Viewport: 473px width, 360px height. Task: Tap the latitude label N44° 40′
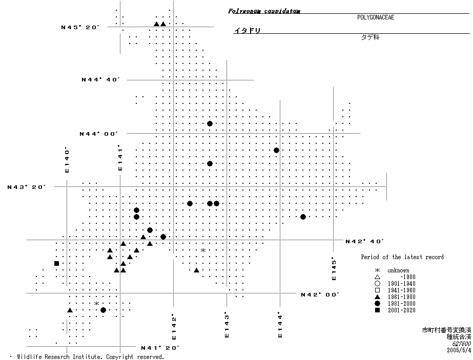[100, 79]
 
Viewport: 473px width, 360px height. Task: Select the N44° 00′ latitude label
[99, 134]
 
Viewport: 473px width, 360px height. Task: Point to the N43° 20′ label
[27, 187]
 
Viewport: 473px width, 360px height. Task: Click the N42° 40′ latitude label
[365, 241]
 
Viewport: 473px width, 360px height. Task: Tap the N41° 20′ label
[160, 348]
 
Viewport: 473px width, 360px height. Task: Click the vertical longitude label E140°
[67, 160]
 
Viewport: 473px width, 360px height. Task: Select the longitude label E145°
[334, 268]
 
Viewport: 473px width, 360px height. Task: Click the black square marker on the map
[56, 263]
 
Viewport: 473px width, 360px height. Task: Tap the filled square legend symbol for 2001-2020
[377, 310]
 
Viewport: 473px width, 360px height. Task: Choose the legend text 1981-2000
[401, 304]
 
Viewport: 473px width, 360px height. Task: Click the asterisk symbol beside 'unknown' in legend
[377, 270]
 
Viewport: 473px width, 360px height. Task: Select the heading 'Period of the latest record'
[402, 257]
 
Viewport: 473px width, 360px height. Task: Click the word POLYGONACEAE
[376, 17]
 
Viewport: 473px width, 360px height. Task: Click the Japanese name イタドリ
[248, 31]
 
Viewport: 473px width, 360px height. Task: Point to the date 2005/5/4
[458, 350]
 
